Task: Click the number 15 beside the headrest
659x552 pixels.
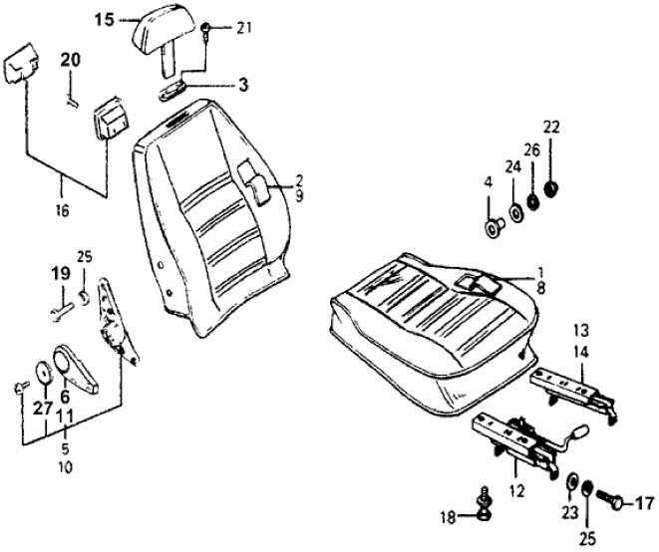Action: click(106, 19)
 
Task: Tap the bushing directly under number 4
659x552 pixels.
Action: click(494, 230)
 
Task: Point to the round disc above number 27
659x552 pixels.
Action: click(44, 372)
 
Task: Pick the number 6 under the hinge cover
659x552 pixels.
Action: click(65, 395)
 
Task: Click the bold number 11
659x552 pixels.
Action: click(64, 414)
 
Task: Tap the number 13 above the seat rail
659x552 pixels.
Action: click(581, 330)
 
